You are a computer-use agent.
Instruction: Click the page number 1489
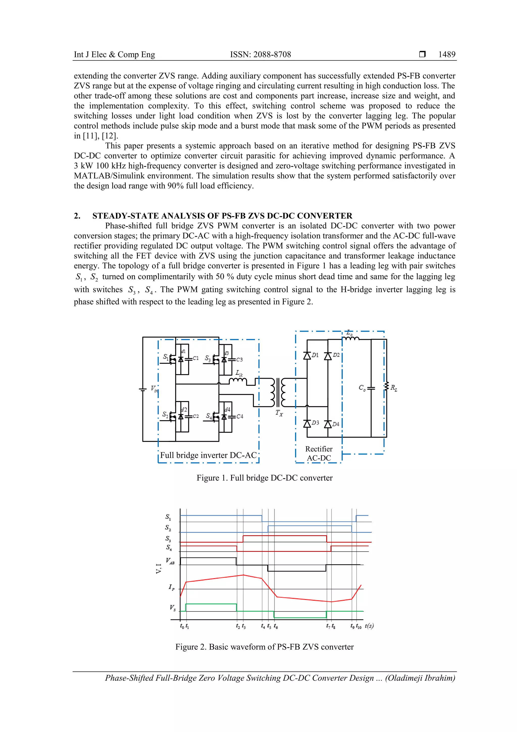point(447,55)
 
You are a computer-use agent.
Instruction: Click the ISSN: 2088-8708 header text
point(260,55)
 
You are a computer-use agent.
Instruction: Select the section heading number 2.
point(77,216)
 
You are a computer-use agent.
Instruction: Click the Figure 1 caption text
point(264,478)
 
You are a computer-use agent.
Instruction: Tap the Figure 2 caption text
point(264,647)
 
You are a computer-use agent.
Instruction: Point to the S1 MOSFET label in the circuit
point(166,357)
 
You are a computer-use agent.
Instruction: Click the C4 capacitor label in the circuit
point(240,416)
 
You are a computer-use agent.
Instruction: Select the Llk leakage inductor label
point(239,373)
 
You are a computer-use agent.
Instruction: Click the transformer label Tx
point(279,413)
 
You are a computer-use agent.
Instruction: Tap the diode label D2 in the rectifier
point(336,355)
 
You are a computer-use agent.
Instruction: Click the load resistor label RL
point(394,388)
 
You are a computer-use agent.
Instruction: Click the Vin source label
point(154,389)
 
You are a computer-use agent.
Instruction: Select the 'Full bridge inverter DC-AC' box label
point(208,455)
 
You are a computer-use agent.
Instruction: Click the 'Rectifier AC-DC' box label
point(319,453)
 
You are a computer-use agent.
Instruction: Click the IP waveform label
point(171,587)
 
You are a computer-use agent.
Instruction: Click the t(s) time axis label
point(369,626)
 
